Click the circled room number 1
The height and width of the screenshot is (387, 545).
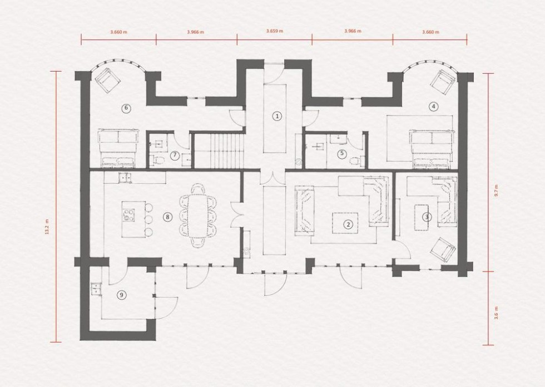[x=276, y=116]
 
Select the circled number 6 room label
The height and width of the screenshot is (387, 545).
[x=127, y=108]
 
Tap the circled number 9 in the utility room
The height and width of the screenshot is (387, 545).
[x=121, y=295]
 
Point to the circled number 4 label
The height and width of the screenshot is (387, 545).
[x=433, y=105]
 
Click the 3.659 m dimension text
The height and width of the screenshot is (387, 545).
[x=274, y=32]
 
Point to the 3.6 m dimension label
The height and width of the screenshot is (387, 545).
[x=497, y=313]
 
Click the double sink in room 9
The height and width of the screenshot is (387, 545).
[x=95, y=288]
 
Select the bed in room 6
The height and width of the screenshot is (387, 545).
[x=117, y=148]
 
